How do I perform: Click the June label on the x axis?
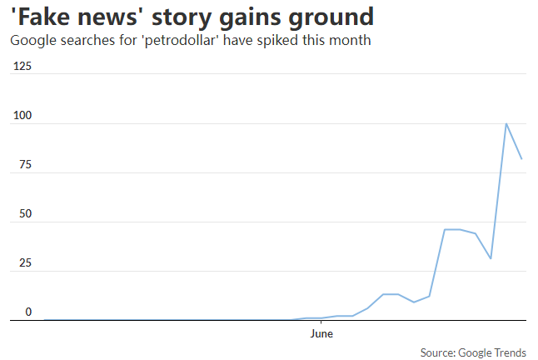[x=321, y=334]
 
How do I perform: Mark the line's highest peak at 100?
[x=506, y=123]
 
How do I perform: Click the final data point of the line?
[x=521, y=158]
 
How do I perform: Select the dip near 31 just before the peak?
[x=491, y=258]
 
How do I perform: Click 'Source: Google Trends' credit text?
[x=473, y=352]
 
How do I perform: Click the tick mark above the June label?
[x=321, y=322]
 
